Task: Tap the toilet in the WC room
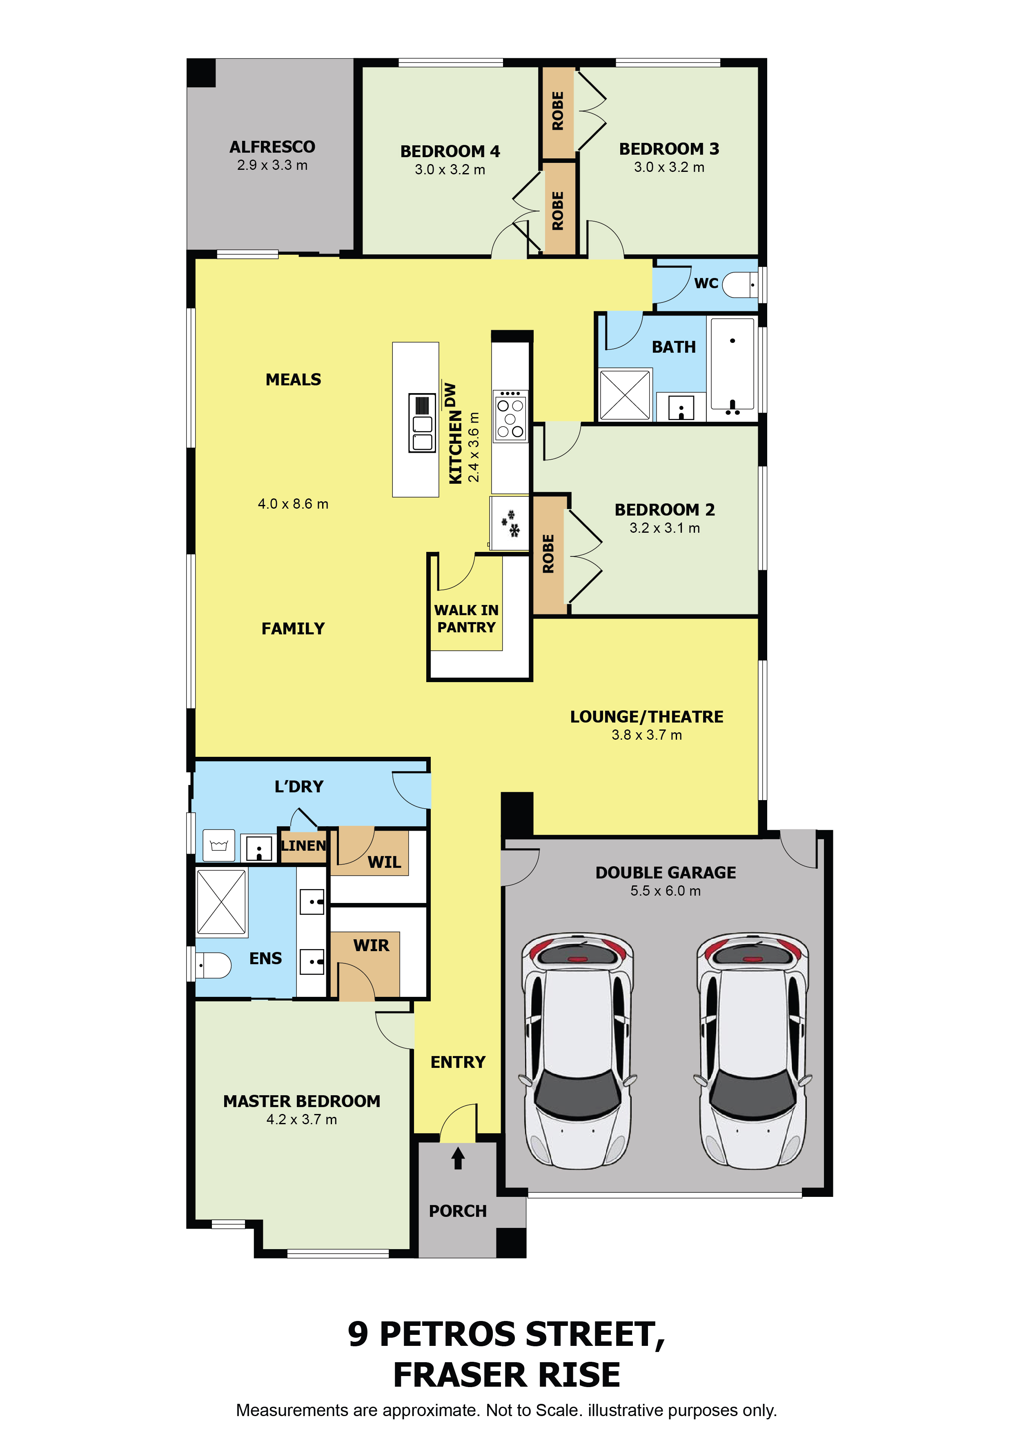(740, 285)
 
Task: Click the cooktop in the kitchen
(510, 416)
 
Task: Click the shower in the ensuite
(221, 902)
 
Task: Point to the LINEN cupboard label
(303, 846)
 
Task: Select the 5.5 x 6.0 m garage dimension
(666, 891)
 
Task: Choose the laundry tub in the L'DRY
(219, 846)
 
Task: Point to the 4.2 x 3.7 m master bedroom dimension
(302, 1120)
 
